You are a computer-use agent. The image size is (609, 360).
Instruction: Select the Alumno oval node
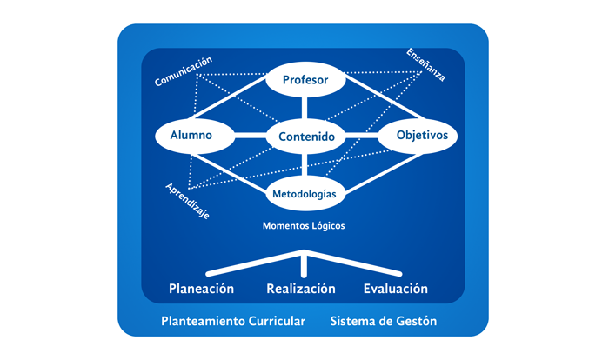pyautogui.click(x=196, y=136)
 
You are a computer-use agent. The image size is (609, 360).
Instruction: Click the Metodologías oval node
pyautogui.click(x=304, y=192)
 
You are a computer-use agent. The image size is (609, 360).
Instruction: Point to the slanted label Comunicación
pyautogui.click(x=184, y=71)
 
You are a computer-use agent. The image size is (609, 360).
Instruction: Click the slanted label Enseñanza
pyautogui.click(x=425, y=64)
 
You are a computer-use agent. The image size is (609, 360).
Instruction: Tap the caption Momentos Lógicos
pyautogui.click(x=304, y=225)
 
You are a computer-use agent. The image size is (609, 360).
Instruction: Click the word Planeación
pyautogui.click(x=201, y=288)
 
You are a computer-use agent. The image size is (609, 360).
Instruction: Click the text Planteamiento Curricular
pyautogui.click(x=233, y=321)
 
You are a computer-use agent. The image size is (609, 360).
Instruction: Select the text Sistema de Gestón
pyautogui.click(x=383, y=321)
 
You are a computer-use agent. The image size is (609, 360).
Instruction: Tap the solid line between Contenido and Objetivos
pyautogui.click(x=361, y=136)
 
